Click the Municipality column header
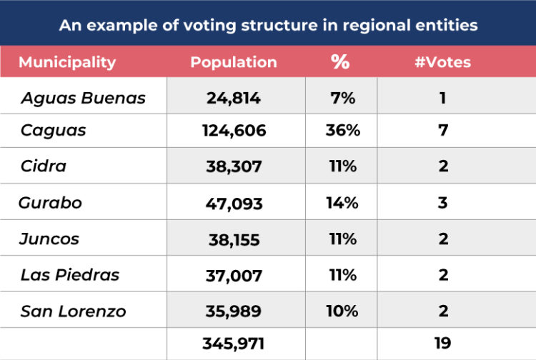pyautogui.click(x=67, y=62)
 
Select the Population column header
pyautogui.click(x=233, y=62)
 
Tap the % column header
pyautogui.click(x=340, y=62)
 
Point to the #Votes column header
pyautogui.click(x=442, y=62)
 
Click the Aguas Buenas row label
pyautogui.click(x=83, y=99)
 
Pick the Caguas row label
pyautogui.click(x=54, y=131)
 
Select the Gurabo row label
pyautogui.click(x=51, y=203)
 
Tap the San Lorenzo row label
pyautogui.click(x=73, y=311)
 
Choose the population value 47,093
pyautogui.click(x=236, y=204)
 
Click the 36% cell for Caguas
pyautogui.click(x=342, y=131)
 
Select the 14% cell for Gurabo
pyautogui.click(x=342, y=203)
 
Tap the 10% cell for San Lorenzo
pyautogui.click(x=342, y=311)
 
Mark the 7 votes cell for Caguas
pyautogui.click(x=443, y=131)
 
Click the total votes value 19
pyautogui.click(x=442, y=344)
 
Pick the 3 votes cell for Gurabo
pyautogui.click(x=443, y=203)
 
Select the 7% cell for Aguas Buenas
pyautogui.click(x=342, y=99)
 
